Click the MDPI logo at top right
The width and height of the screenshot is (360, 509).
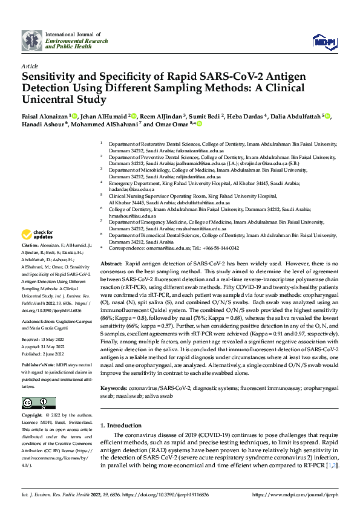click(324, 41)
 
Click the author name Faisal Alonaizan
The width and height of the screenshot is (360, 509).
click(45, 115)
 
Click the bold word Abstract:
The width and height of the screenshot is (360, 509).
click(111, 265)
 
